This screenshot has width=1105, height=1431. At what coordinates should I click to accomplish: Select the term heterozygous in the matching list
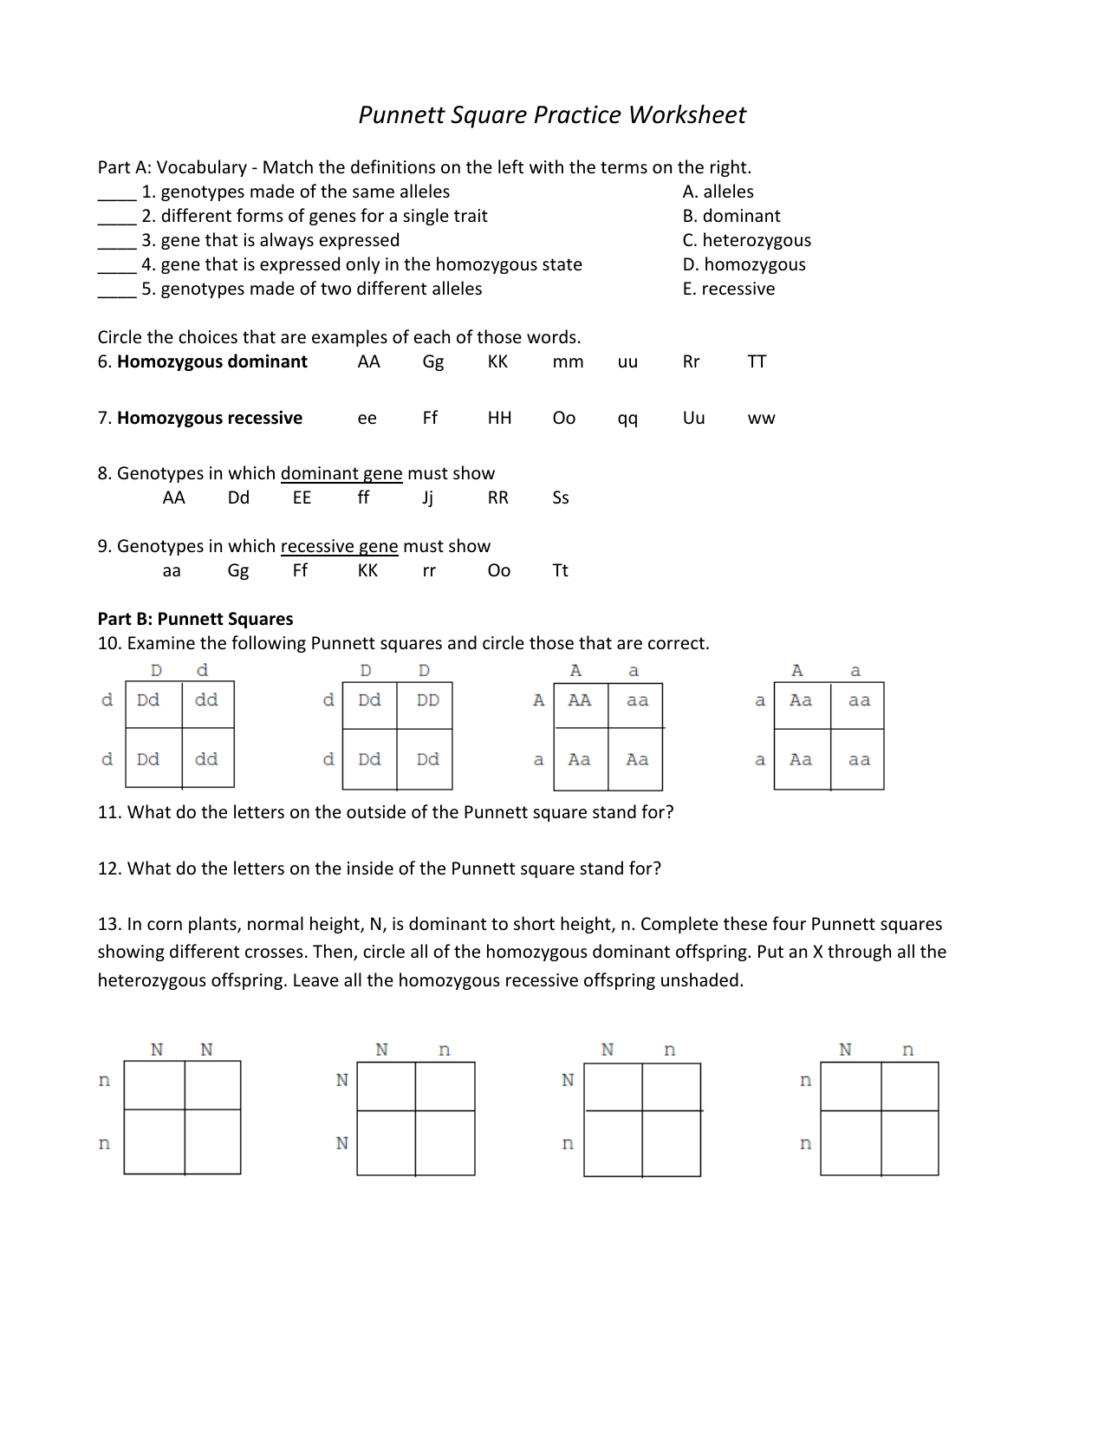(756, 240)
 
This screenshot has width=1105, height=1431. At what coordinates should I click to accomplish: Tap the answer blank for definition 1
(116, 194)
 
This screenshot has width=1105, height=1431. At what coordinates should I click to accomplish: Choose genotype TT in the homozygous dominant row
(757, 361)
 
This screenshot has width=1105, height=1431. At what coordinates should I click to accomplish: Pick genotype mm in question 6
(568, 361)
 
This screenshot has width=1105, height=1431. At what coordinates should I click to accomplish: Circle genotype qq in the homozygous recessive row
(627, 419)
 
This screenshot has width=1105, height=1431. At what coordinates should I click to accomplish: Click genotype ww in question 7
(761, 419)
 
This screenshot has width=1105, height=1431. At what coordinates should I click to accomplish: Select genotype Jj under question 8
(427, 498)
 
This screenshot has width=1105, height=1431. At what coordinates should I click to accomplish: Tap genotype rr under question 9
(429, 571)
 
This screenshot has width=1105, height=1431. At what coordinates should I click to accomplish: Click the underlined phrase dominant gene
(341, 473)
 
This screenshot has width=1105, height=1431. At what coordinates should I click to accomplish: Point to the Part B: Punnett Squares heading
(195, 619)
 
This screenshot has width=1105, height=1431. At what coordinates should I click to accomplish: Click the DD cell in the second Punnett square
(427, 700)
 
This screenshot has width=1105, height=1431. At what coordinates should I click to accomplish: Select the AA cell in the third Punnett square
(579, 700)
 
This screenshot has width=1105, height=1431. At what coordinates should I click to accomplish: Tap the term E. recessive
(728, 289)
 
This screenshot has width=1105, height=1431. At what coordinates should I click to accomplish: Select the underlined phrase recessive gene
(339, 546)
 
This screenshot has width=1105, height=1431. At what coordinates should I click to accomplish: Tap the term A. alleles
(718, 192)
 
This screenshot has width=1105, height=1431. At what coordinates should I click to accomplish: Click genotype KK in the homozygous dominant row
(497, 361)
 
